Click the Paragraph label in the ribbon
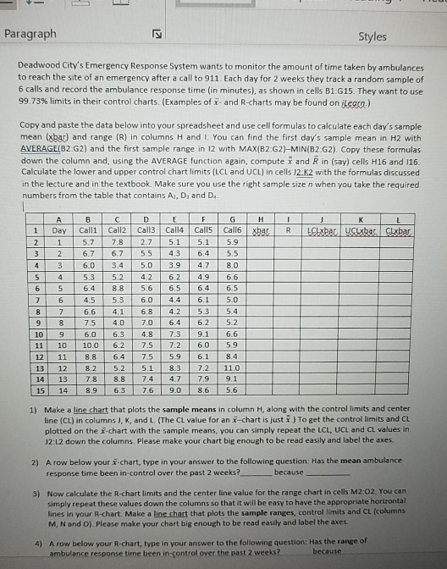tap(30, 34)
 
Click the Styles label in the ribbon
tap(371, 36)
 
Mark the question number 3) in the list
tap(25, 490)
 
